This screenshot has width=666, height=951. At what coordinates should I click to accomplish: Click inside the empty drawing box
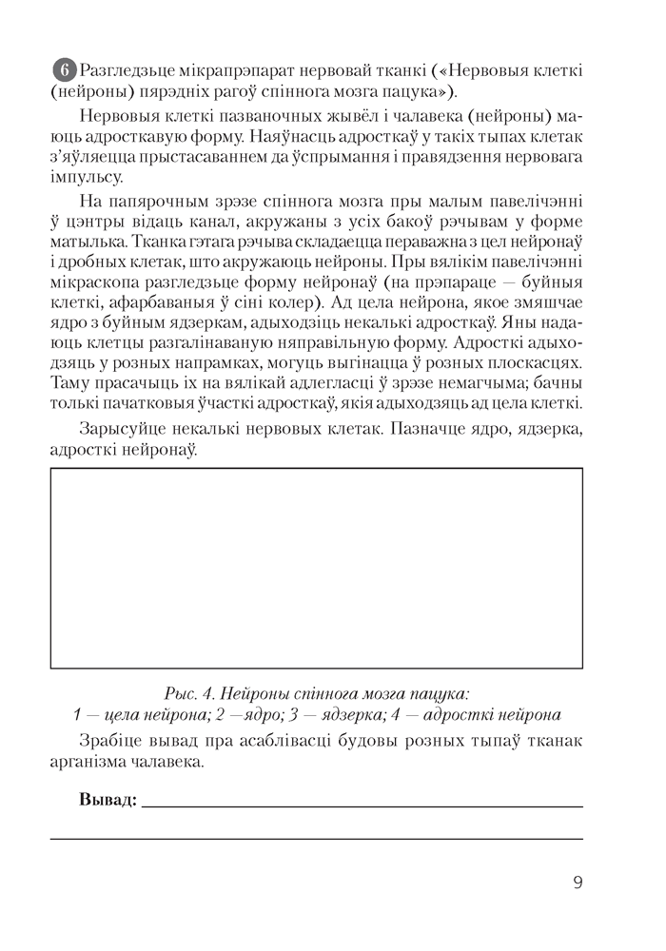[x=316, y=568]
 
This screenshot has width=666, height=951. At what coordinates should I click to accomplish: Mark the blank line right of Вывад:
[x=362, y=804]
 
